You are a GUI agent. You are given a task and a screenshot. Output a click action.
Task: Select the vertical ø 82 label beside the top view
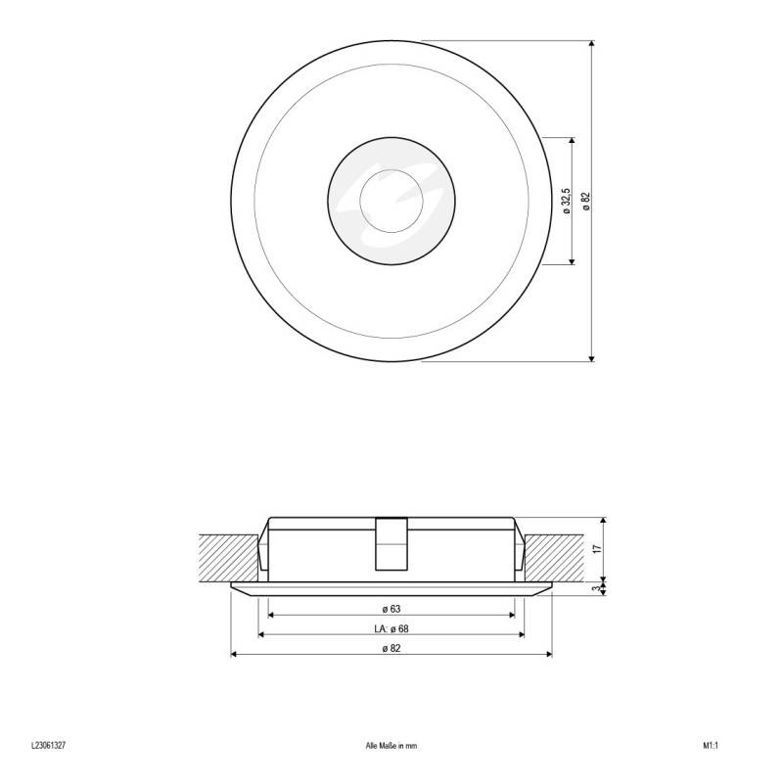(586, 201)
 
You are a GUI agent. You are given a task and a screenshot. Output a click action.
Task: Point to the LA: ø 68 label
(391, 628)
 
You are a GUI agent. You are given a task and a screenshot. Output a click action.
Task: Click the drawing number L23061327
(48, 745)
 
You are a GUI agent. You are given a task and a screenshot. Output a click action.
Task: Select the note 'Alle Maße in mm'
(391, 745)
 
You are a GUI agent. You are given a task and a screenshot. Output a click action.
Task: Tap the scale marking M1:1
(711, 745)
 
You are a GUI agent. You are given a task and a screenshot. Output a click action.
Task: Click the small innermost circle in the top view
(391, 201)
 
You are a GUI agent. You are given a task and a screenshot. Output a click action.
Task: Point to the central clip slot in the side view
(391, 543)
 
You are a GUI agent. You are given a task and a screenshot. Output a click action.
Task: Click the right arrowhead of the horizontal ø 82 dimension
(550, 656)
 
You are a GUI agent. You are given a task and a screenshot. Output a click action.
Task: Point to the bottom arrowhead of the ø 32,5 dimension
(573, 261)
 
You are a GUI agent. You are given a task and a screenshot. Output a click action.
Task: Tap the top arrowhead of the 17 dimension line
(604, 519)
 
